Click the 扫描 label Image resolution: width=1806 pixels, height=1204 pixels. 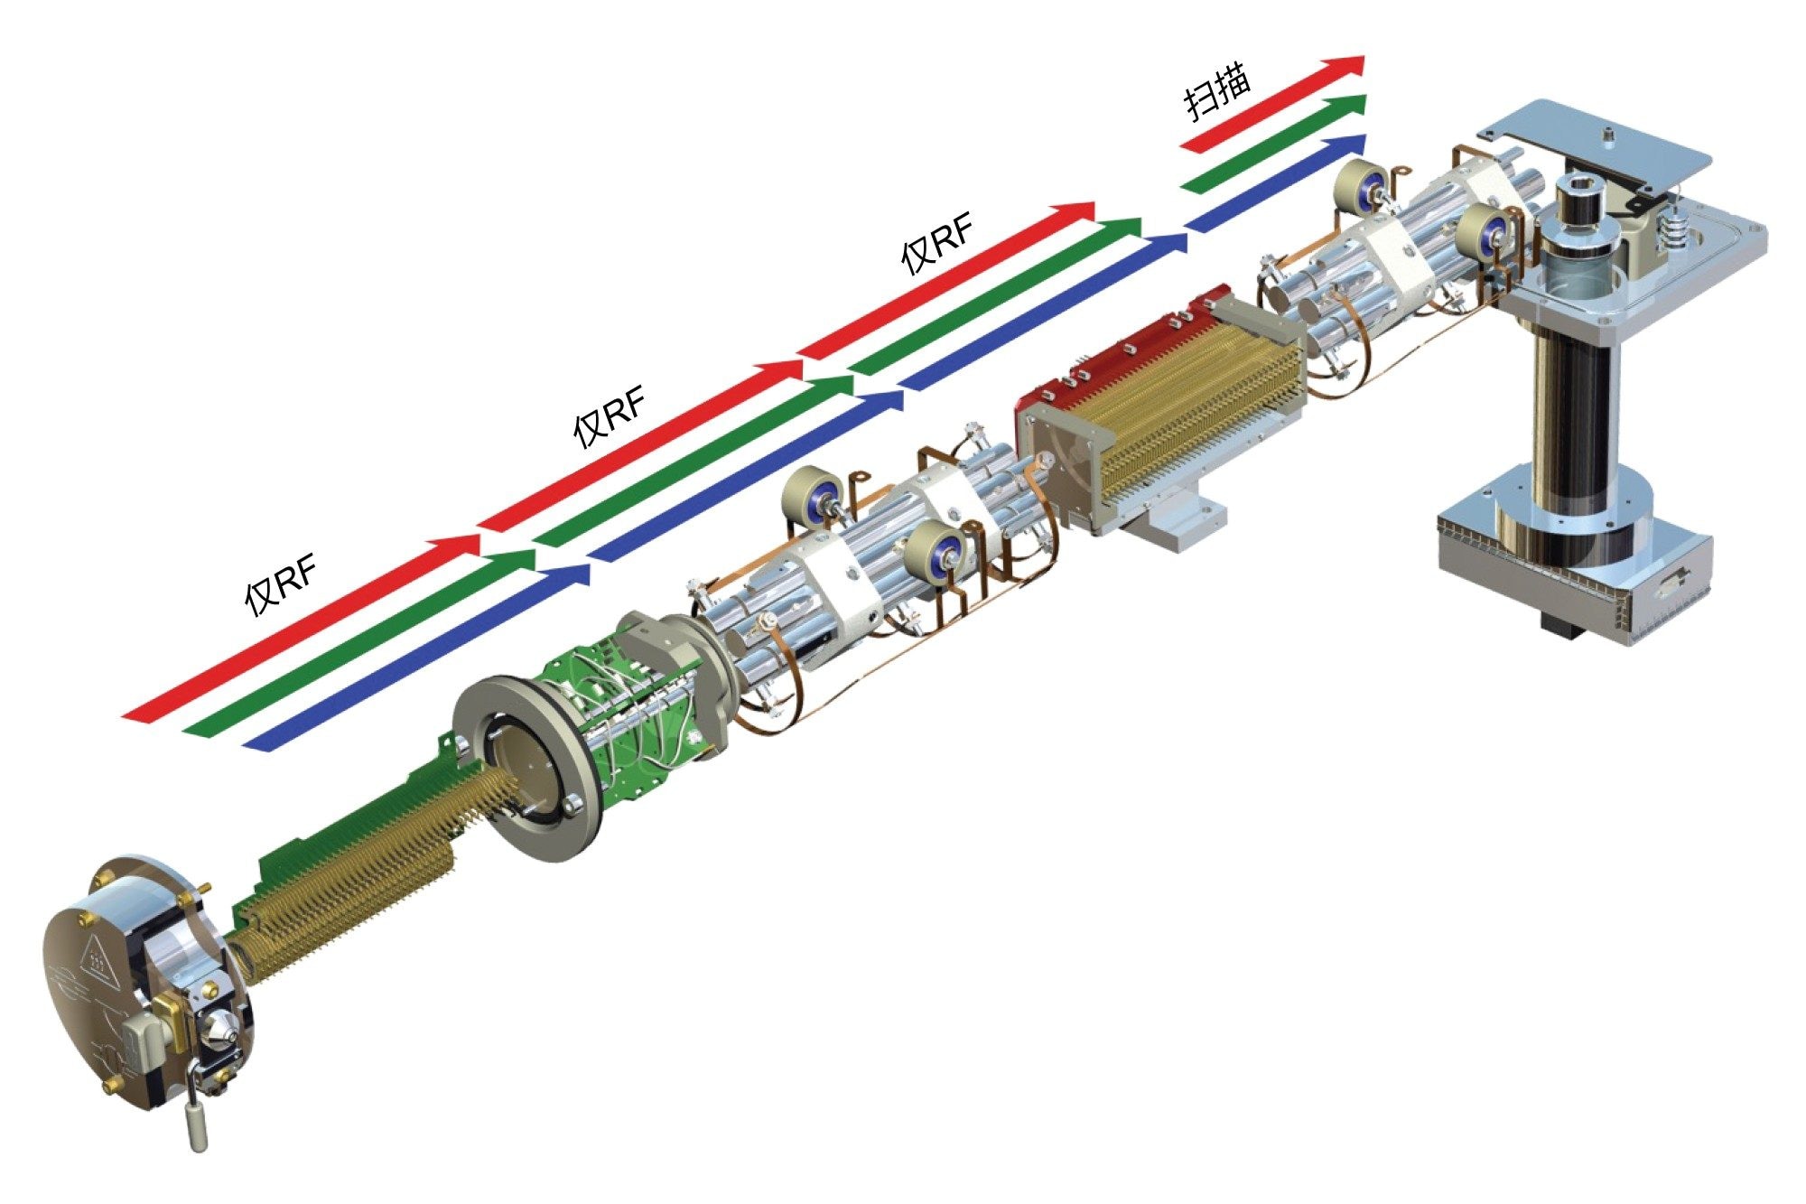tap(1218, 93)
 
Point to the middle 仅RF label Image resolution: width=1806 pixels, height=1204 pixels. tap(610, 418)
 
